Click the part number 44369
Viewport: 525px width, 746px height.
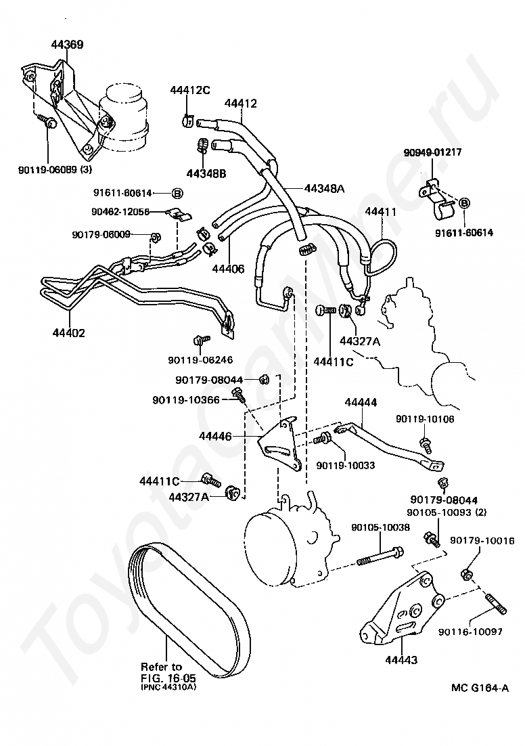[x=68, y=45]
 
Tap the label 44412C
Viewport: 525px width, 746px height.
[x=190, y=90]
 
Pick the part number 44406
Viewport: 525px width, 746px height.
[x=228, y=269]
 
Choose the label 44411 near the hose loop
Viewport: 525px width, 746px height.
[x=380, y=212]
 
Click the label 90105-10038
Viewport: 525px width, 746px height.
[x=380, y=527]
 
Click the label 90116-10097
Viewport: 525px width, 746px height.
[x=470, y=631]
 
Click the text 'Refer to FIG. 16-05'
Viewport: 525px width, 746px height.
[x=162, y=672]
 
